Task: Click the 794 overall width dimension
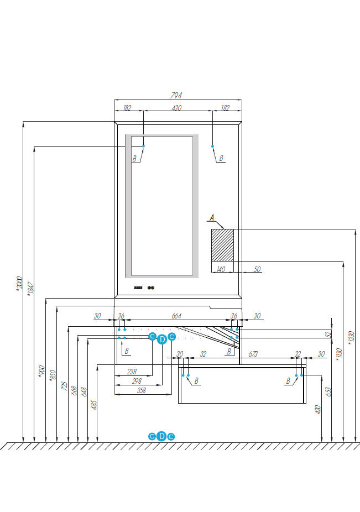point(177,95)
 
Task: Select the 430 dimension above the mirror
point(176,108)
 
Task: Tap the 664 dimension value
point(176,316)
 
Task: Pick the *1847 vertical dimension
point(30,291)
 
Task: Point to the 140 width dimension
point(221,270)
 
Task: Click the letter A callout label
point(212,217)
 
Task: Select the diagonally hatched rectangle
point(222,244)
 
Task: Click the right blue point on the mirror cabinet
point(212,146)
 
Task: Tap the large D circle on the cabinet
point(161,340)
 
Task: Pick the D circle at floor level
point(161,436)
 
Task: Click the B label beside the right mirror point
point(221,158)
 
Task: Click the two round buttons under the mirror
point(153,288)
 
